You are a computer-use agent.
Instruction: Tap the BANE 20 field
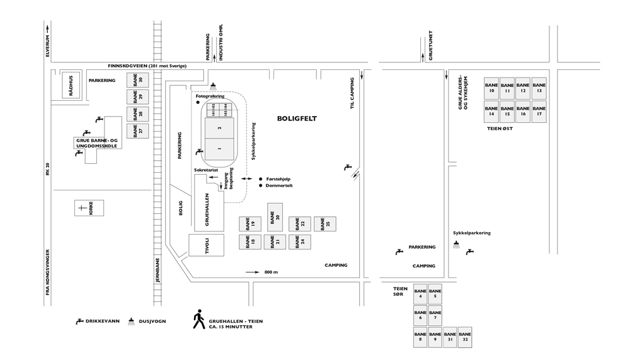tap(275, 217)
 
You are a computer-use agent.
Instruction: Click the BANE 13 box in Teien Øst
tap(539, 87)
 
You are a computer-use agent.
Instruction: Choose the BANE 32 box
tap(465, 337)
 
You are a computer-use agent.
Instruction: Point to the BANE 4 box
tap(420, 294)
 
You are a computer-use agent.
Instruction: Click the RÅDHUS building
tap(71, 85)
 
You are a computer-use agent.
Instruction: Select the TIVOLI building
tap(206, 245)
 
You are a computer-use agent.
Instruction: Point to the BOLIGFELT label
tap(297, 119)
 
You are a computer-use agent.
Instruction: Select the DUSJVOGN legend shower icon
tap(132, 321)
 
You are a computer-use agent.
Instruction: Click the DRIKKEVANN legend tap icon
tap(79, 322)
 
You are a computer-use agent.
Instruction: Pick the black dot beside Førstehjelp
tap(261, 179)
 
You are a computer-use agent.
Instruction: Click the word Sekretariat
tap(206, 170)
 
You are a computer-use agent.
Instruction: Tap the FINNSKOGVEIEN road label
tap(147, 65)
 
